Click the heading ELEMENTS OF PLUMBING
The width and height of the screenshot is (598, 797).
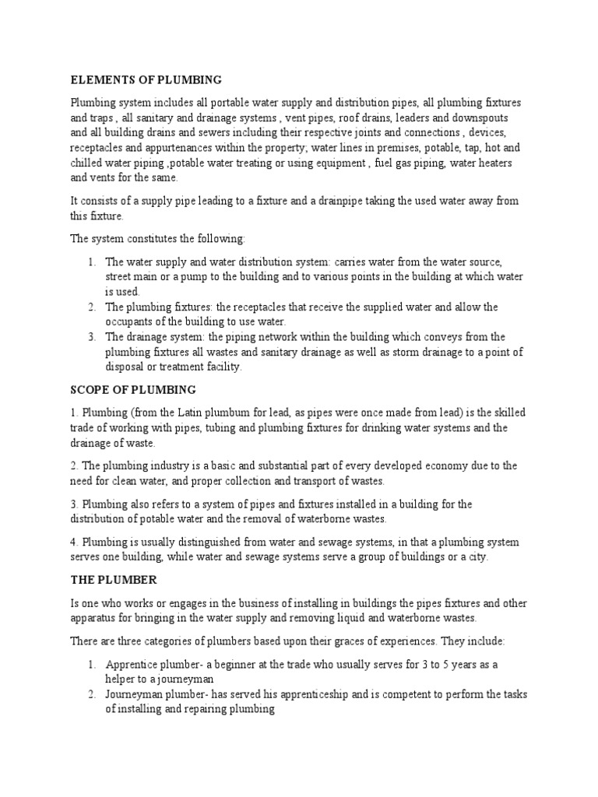point(146,80)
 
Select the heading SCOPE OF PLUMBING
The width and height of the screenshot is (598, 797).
point(133,389)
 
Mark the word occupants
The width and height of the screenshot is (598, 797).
point(130,321)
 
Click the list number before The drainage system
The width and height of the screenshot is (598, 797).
point(91,337)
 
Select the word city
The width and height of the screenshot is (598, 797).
point(476,557)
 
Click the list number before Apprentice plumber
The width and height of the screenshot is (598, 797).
point(91,664)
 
